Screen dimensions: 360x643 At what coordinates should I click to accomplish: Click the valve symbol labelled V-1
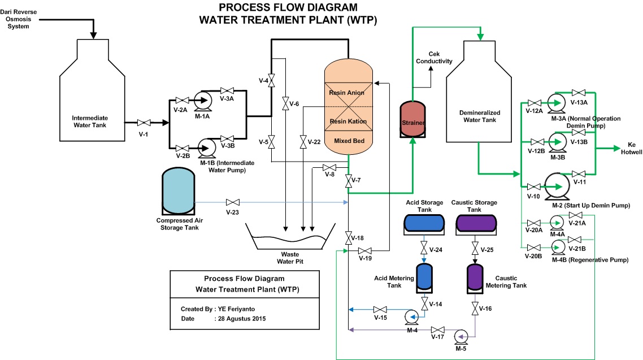[144, 123]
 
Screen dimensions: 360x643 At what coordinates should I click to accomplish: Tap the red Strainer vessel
[414, 119]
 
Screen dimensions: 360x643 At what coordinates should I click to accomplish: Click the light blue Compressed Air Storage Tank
[177, 192]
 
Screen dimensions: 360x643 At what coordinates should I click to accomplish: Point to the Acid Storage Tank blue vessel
[424, 223]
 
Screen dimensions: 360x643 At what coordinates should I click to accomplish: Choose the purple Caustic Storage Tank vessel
[476, 223]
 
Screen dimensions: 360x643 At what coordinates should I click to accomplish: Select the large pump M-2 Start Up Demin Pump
[557, 186]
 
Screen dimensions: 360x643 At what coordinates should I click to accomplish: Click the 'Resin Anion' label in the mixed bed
[347, 92]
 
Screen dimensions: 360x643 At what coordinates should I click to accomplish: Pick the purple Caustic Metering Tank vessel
[474, 276]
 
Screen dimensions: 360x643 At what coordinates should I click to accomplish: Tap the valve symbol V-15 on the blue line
[380, 309]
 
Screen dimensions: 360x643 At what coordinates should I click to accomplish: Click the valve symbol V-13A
[579, 93]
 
